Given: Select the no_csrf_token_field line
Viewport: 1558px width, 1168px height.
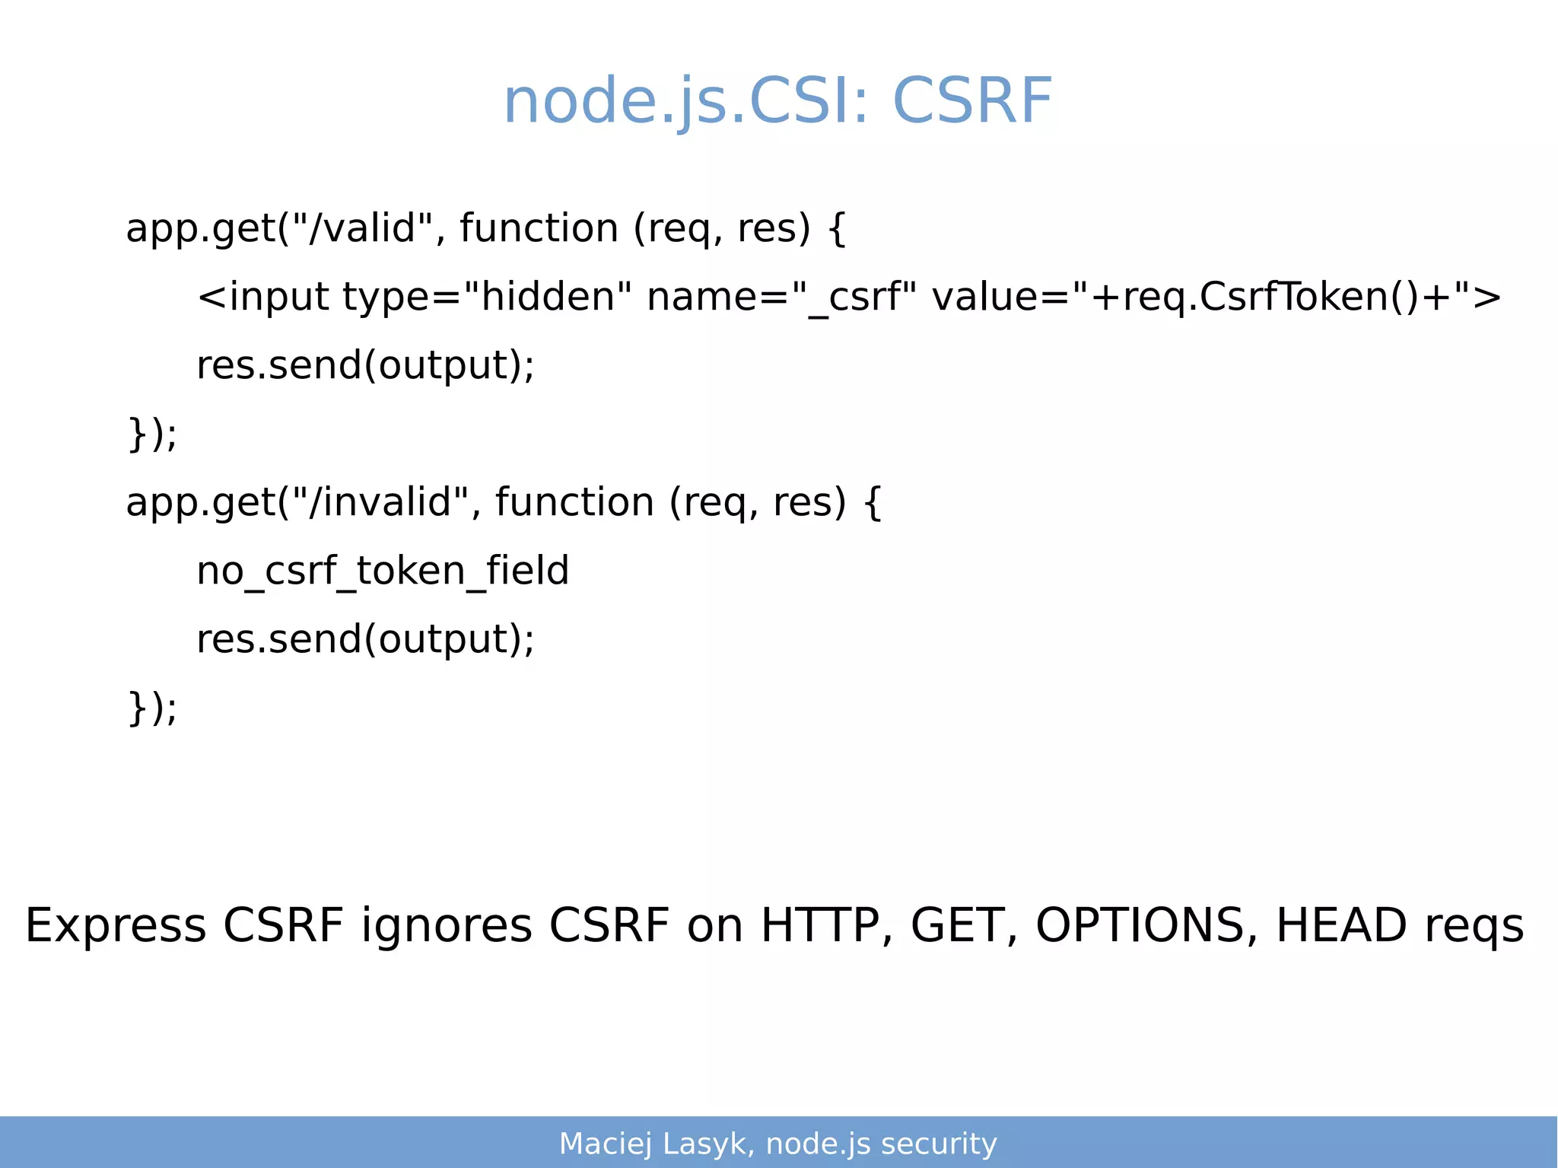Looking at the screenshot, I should click(x=383, y=571).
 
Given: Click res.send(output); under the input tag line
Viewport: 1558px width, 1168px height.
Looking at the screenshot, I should click(x=365, y=365).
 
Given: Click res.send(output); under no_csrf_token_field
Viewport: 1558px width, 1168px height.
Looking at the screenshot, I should click(x=365, y=639).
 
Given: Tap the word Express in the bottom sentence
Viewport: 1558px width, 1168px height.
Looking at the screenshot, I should click(x=116, y=926).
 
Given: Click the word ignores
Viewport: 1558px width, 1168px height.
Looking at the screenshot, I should click(x=447, y=926).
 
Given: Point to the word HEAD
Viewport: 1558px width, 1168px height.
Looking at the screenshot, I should click(x=1340, y=926).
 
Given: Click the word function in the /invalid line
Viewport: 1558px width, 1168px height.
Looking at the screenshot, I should click(x=574, y=502).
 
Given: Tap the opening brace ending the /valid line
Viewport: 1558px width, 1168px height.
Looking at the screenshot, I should click(x=836, y=228).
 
